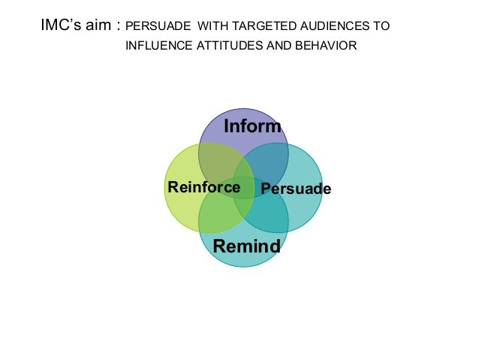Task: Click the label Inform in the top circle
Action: coord(252,126)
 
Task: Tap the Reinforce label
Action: coord(203,187)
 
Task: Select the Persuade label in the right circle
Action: coord(295,188)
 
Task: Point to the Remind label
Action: coord(246,247)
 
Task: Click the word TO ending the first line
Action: coord(381,26)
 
